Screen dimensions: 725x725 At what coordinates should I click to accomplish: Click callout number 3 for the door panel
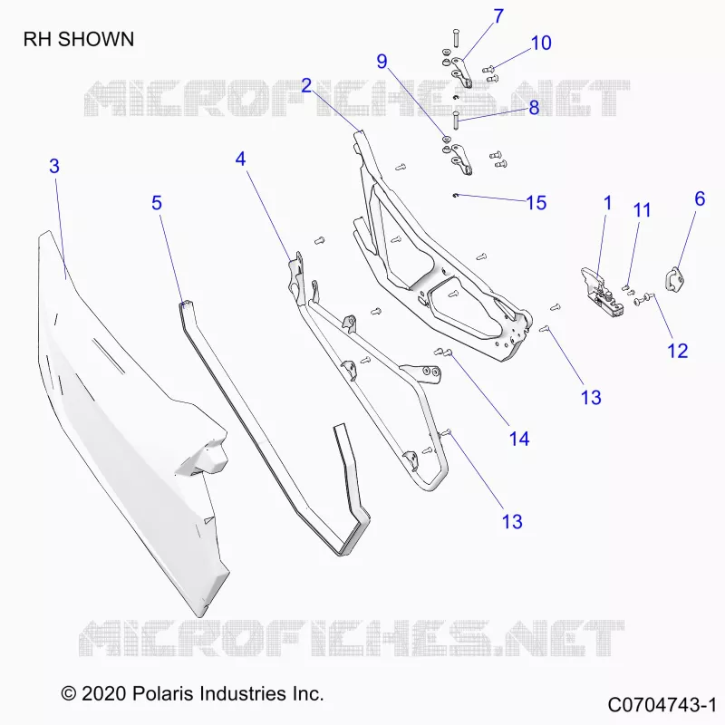point(54,166)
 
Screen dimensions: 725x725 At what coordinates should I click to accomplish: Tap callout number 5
point(157,203)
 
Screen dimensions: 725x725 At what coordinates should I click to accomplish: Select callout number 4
point(240,159)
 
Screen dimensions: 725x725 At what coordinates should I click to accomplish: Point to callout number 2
point(306,85)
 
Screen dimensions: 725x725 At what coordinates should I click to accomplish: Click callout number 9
point(382,62)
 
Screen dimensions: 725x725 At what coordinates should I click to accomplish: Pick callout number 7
point(498,16)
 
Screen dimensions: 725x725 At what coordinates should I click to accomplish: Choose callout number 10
point(541,43)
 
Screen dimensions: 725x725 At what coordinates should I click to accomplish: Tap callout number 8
point(534,108)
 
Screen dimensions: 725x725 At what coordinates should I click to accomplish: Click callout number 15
point(536,203)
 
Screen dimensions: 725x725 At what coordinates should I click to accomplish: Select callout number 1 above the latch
point(607,203)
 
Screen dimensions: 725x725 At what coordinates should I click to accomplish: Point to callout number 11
point(642,210)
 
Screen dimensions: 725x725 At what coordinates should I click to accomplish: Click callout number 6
point(700,199)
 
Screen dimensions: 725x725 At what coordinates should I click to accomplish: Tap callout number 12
point(677,351)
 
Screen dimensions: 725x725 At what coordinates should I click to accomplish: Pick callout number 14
point(518,439)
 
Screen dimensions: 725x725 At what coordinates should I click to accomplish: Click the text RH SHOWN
point(79,39)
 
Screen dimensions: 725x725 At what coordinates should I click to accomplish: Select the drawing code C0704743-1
point(662,706)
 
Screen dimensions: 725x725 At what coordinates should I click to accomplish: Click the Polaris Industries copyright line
point(192,693)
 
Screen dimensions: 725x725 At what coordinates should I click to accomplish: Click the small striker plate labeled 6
point(675,279)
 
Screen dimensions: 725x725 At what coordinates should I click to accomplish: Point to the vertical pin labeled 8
point(456,121)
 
